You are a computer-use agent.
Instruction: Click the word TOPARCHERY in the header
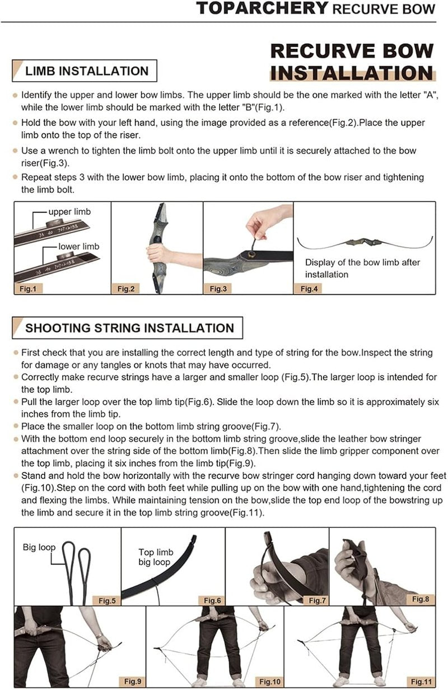click(263, 8)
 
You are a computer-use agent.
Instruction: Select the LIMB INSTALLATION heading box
click(85, 71)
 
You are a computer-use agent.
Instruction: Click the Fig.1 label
click(28, 289)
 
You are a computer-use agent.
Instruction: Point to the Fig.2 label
click(126, 289)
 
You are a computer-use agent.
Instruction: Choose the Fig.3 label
click(218, 289)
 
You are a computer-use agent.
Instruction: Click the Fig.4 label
click(309, 289)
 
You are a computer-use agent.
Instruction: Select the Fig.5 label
click(107, 600)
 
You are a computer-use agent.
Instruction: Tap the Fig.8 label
click(421, 599)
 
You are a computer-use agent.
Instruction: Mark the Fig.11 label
click(421, 681)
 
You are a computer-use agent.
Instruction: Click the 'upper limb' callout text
click(69, 212)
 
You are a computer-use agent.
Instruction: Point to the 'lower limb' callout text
click(79, 246)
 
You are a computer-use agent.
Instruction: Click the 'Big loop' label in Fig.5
click(39, 547)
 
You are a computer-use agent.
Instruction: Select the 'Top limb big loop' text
click(156, 557)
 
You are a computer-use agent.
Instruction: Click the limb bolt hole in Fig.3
click(251, 254)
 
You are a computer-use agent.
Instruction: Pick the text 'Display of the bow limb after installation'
click(362, 268)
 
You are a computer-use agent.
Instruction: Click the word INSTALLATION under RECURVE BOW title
click(352, 73)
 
